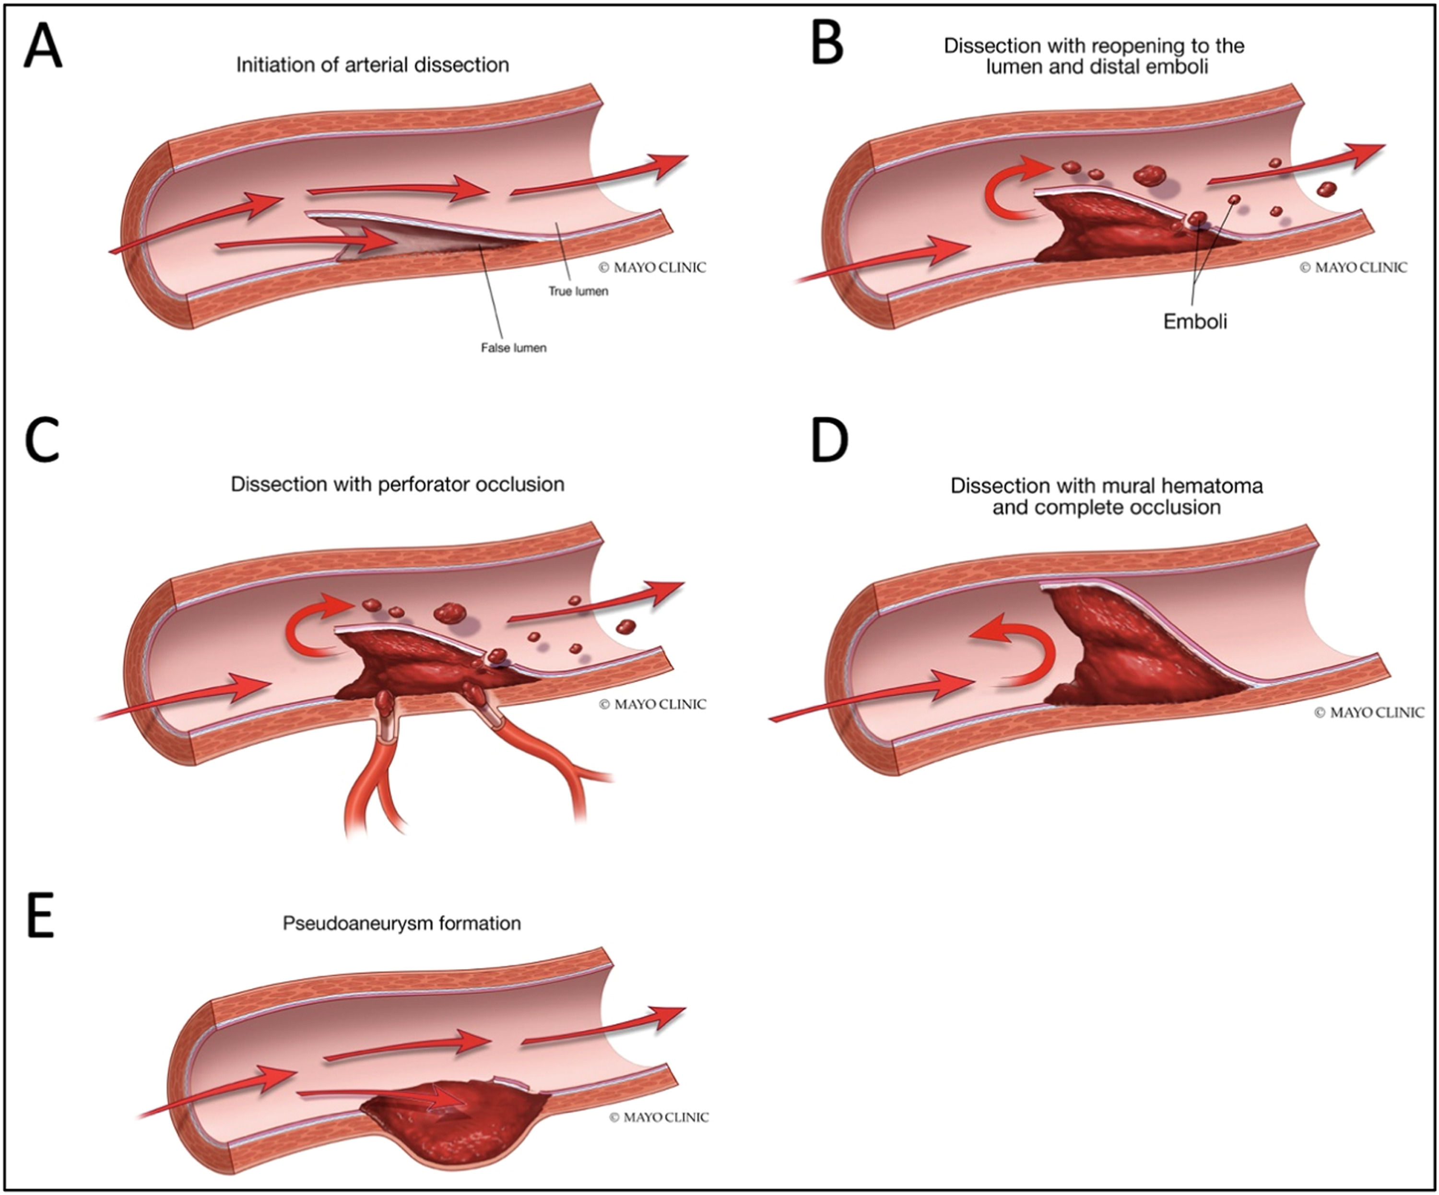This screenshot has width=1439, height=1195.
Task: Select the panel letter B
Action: (x=827, y=43)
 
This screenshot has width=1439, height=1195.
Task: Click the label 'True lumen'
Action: (x=578, y=291)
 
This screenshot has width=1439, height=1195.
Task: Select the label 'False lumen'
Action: (x=513, y=348)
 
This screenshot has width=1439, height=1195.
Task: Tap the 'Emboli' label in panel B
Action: (x=1195, y=321)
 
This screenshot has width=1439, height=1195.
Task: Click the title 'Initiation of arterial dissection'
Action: (x=372, y=65)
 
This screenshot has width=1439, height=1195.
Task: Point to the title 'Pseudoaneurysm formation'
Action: (x=401, y=923)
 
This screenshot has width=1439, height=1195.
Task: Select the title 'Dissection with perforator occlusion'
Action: (x=398, y=484)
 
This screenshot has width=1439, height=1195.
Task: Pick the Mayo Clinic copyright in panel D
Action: (x=1368, y=713)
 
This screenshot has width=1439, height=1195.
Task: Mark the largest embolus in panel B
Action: (x=1150, y=175)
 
